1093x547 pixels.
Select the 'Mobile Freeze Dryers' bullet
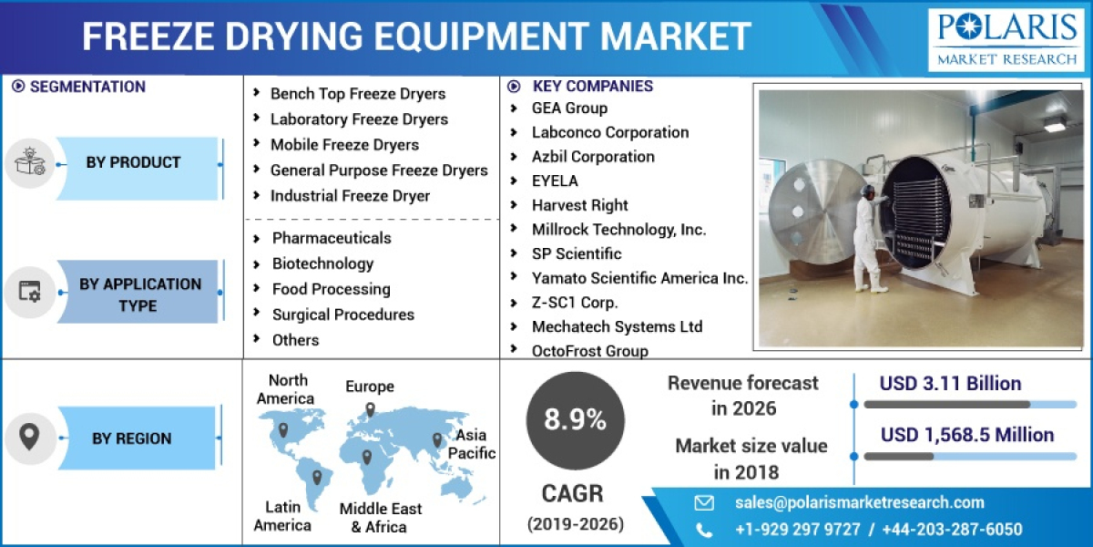(x=343, y=145)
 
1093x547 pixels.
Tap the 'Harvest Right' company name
(x=579, y=205)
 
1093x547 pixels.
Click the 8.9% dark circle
(x=576, y=419)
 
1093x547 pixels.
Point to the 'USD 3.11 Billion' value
(x=950, y=384)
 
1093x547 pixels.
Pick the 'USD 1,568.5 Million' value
(x=966, y=435)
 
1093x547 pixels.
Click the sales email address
(x=859, y=502)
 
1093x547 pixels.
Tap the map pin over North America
(x=283, y=429)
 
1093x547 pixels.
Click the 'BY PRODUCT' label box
(x=133, y=163)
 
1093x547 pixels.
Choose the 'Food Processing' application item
(x=331, y=289)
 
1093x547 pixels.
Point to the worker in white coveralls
(x=867, y=239)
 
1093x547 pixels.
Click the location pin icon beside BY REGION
(x=30, y=439)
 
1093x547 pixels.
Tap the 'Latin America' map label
(x=282, y=516)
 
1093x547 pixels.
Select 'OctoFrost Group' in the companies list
(x=589, y=351)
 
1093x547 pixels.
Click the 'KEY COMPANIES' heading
(x=592, y=87)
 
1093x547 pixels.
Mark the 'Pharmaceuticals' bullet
(x=331, y=238)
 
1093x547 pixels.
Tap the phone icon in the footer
(x=704, y=530)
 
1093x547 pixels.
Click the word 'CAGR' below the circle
(x=572, y=494)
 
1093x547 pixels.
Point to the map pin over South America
(x=317, y=476)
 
